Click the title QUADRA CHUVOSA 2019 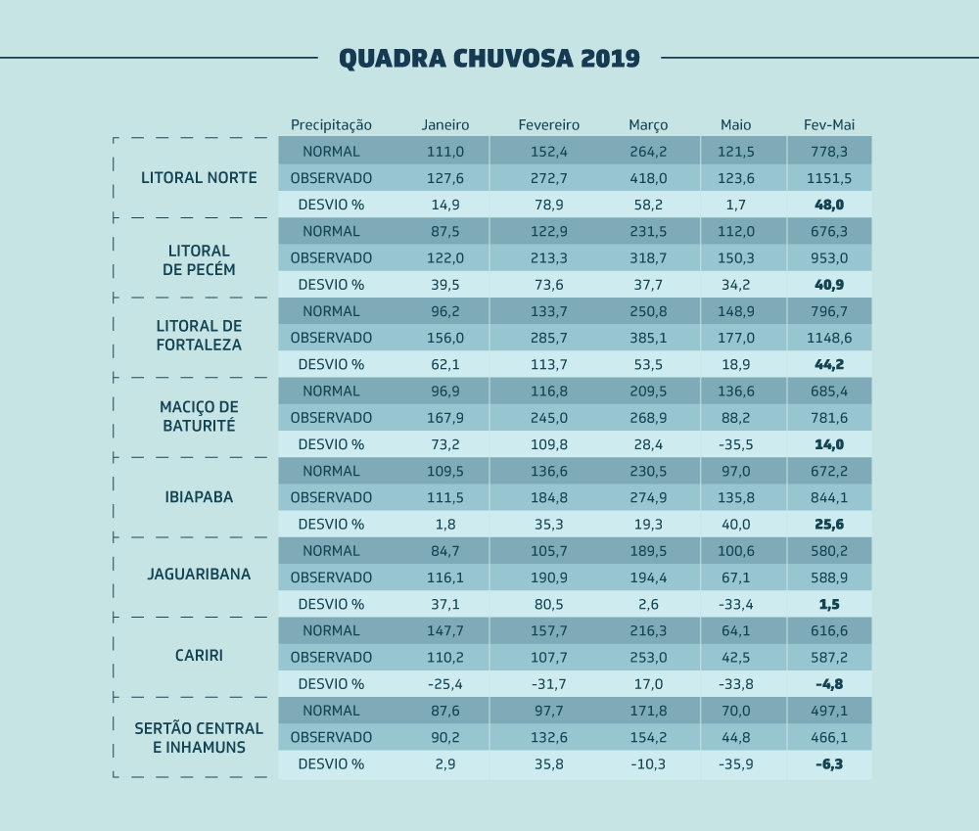(489, 58)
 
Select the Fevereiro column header (548, 125)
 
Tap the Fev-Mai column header (828, 125)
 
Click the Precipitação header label (331, 125)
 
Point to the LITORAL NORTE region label (199, 178)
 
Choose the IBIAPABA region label (199, 497)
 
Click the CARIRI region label (199, 655)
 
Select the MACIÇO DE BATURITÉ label (199, 416)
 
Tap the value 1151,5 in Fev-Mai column (828, 178)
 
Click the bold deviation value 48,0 (828, 205)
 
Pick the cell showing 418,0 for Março (648, 178)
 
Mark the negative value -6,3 (828, 763)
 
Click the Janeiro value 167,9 (445, 417)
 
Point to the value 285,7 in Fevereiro (548, 338)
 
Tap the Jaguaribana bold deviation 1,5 (828, 604)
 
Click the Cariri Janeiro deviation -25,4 (445, 684)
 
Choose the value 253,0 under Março (648, 657)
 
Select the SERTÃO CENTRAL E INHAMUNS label (199, 737)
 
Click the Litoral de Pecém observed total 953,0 (828, 258)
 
